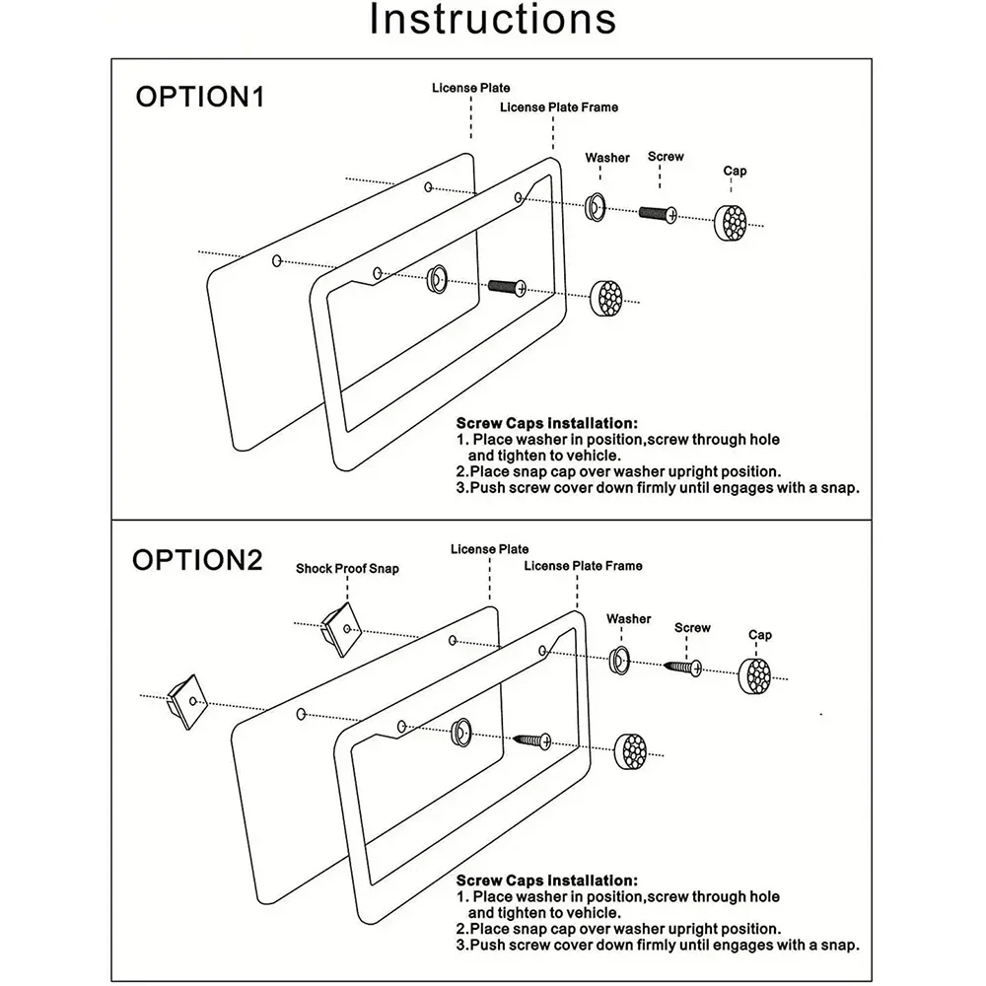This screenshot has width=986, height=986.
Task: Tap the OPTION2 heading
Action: [x=198, y=560]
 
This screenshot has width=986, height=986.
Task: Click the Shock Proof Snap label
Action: [x=347, y=570]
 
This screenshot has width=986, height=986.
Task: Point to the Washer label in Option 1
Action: [x=607, y=158]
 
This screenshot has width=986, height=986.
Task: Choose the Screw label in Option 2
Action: [x=692, y=628]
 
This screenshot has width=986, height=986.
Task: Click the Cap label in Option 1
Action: [x=735, y=172]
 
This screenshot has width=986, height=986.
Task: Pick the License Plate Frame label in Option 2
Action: [x=583, y=566]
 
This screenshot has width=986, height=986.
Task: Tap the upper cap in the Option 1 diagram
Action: [x=733, y=222]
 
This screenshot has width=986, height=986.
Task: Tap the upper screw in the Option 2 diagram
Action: [x=683, y=669]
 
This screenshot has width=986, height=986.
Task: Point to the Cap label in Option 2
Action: [x=759, y=636]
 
